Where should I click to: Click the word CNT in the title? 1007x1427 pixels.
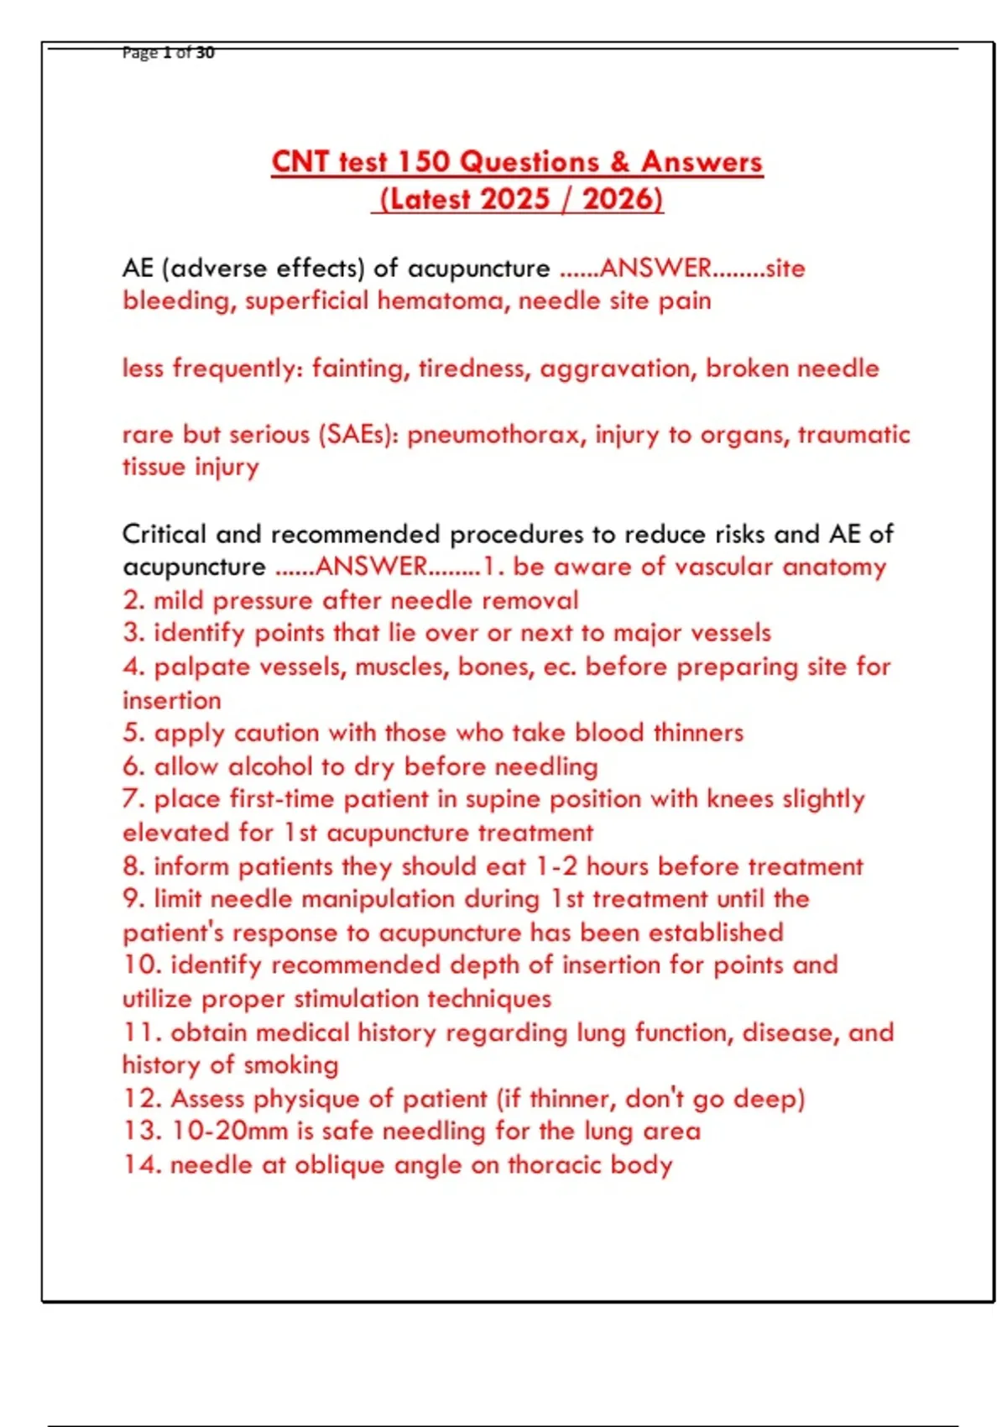pos(300,161)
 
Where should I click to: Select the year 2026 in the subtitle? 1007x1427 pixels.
pos(622,199)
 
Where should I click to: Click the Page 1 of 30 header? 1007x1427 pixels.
pos(168,53)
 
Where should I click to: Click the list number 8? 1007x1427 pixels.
pos(132,866)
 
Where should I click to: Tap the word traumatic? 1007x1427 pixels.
pos(853,434)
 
